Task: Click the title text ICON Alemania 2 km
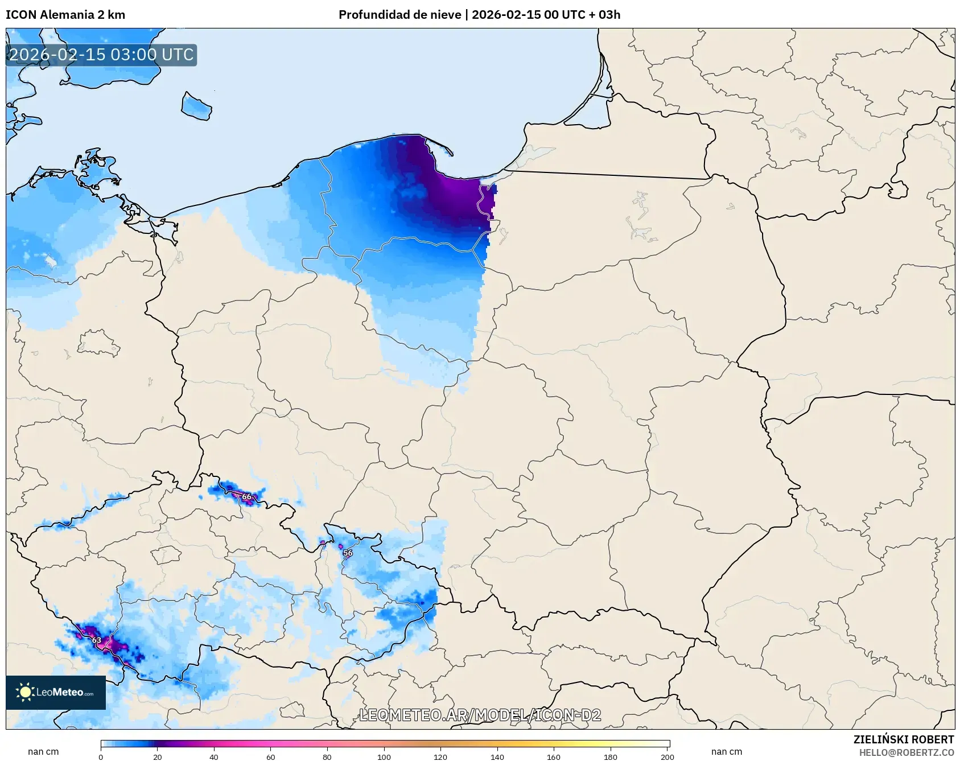(x=65, y=15)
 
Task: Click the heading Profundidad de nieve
(x=399, y=15)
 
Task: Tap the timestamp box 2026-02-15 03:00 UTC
(x=101, y=55)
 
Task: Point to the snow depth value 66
(x=246, y=497)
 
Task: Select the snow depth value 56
(x=348, y=553)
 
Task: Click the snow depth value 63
(x=97, y=640)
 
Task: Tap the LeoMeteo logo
(x=56, y=692)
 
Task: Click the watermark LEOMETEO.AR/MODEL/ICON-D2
(x=480, y=715)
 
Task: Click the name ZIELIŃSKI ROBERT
(x=903, y=739)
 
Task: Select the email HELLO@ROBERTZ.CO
(x=906, y=752)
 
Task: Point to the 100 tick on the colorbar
(x=384, y=756)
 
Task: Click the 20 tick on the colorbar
(x=158, y=756)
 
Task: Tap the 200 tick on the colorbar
(x=667, y=756)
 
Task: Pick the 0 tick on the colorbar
(x=101, y=756)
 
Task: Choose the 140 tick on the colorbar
(x=497, y=756)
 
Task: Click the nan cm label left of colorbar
(x=43, y=751)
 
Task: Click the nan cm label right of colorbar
(x=726, y=751)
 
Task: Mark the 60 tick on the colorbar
(x=271, y=756)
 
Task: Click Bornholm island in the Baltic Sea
(x=196, y=106)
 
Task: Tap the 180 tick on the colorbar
(x=611, y=756)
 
